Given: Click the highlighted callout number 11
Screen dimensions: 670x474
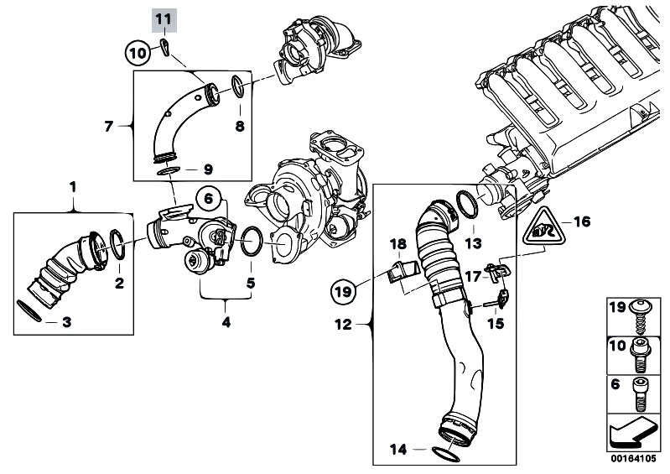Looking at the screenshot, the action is pyautogui.click(x=164, y=19).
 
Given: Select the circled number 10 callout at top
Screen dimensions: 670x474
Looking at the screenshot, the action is pyautogui.click(x=138, y=53).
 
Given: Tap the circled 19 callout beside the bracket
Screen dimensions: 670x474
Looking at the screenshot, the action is pyautogui.click(x=344, y=291).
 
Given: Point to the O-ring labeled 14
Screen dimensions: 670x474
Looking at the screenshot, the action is pyautogui.click(x=445, y=455).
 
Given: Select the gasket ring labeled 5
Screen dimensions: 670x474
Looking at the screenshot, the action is pyautogui.click(x=252, y=241).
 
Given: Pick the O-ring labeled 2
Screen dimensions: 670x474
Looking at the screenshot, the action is pyautogui.click(x=117, y=245).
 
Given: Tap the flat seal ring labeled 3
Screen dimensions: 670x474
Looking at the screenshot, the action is pyautogui.click(x=29, y=310).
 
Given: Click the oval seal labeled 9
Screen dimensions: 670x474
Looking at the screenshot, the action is pyautogui.click(x=168, y=171).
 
